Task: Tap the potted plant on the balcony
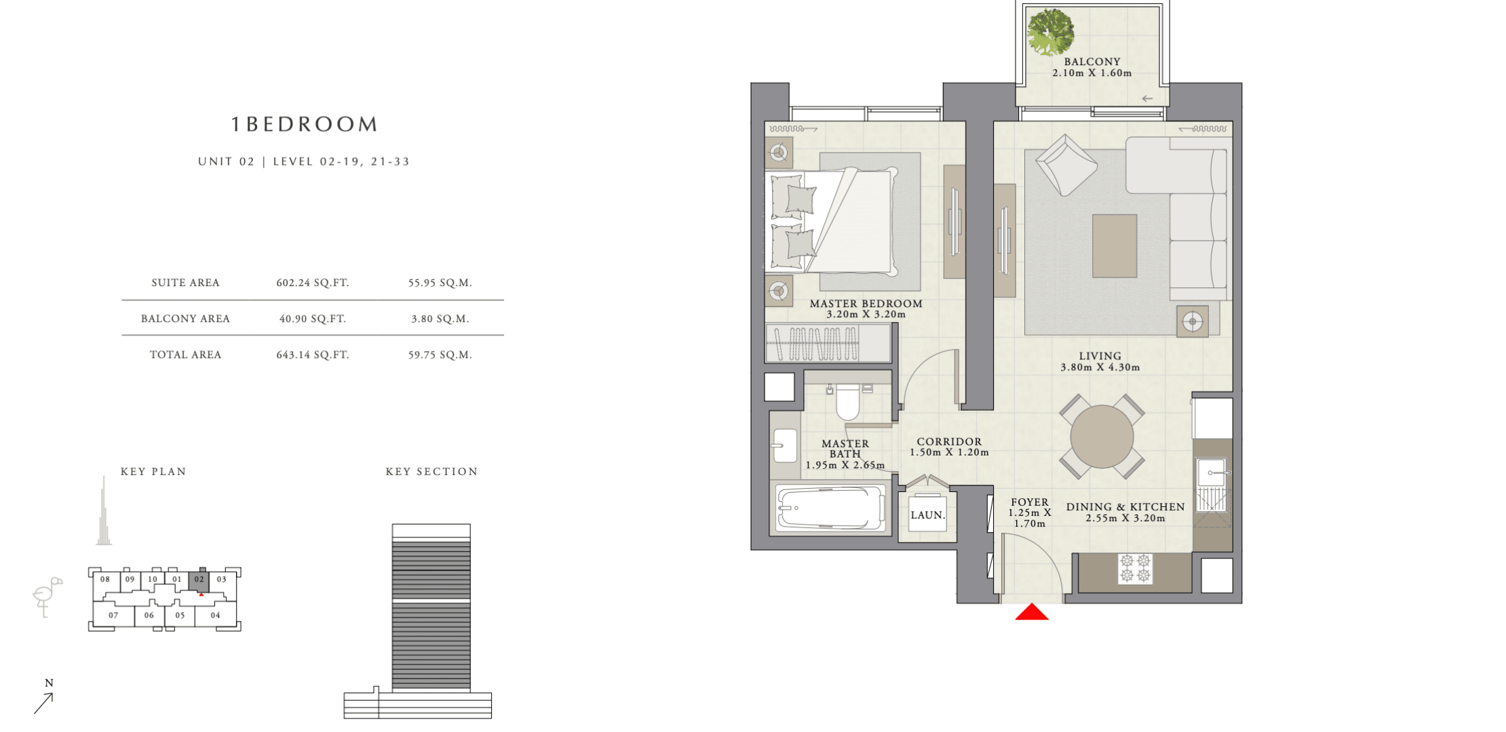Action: click(x=1051, y=32)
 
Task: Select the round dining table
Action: click(x=1102, y=437)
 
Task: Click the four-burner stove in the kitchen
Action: click(x=1136, y=568)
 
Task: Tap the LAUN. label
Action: click(x=927, y=515)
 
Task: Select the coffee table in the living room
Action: click(x=1115, y=246)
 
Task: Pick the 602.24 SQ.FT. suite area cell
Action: click(x=313, y=283)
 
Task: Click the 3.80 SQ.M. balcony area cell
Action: click(x=440, y=319)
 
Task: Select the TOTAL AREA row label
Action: click(x=185, y=354)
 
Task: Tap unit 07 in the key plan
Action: click(x=113, y=615)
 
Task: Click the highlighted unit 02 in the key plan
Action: click(x=199, y=580)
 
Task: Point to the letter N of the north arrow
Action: click(x=49, y=683)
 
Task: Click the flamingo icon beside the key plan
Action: click(x=47, y=596)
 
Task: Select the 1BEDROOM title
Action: click(x=304, y=124)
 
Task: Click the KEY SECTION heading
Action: click(x=431, y=472)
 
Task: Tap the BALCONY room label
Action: click(x=1092, y=62)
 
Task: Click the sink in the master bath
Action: click(x=785, y=445)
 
